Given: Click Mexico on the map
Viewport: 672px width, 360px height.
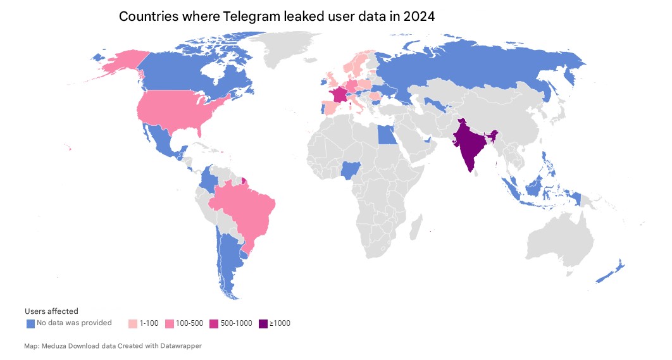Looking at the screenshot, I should pyautogui.click(x=161, y=139).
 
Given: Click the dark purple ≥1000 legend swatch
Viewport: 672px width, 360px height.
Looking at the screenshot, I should pyautogui.click(x=263, y=324).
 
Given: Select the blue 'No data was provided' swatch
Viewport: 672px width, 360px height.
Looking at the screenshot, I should pyautogui.click(x=30, y=324).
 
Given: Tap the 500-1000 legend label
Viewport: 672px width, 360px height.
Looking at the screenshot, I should pyautogui.click(x=236, y=323).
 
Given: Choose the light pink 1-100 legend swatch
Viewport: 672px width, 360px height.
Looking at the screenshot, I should pyautogui.click(x=132, y=324).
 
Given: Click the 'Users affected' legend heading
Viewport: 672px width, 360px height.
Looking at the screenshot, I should pyautogui.click(x=51, y=311).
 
